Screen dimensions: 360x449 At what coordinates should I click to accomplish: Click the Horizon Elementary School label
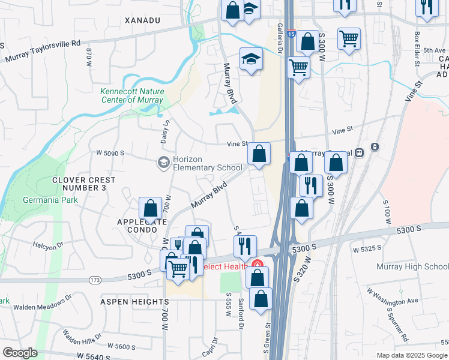click(207, 164)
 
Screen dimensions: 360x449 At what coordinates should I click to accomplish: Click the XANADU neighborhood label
click(143, 20)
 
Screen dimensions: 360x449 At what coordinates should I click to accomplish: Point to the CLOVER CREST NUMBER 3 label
click(83, 184)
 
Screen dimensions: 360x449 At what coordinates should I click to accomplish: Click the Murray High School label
click(412, 266)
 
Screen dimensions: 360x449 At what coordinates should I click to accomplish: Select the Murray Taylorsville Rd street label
click(43, 51)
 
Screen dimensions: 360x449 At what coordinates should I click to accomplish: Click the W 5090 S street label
click(110, 153)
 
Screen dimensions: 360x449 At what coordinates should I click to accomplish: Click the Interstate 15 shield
click(291, 35)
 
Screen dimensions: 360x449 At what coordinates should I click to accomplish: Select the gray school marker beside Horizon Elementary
click(163, 163)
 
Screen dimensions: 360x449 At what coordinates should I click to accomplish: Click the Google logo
click(20, 353)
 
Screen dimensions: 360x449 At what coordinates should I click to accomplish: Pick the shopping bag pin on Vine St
click(259, 154)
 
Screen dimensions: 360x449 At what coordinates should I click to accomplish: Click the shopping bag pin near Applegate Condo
click(150, 208)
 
